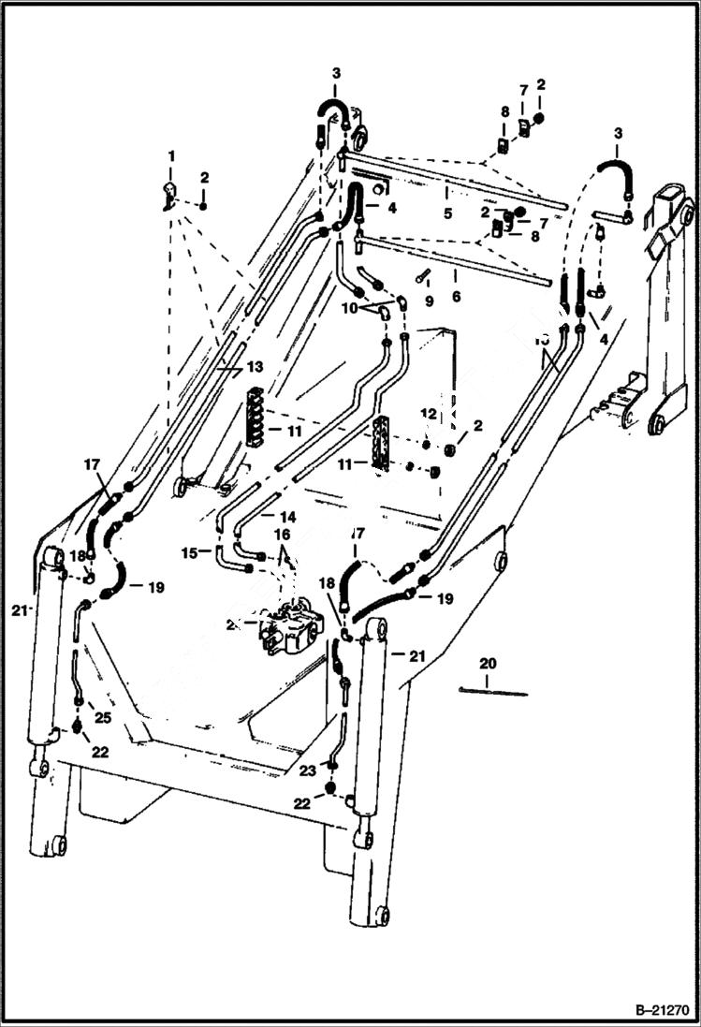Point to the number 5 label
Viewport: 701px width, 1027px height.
[448, 213]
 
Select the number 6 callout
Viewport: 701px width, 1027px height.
[456, 296]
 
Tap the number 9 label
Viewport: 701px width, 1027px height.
[430, 302]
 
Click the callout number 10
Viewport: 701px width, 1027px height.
[350, 308]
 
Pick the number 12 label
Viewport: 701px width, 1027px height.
[427, 413]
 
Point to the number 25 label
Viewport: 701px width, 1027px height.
[101, 718]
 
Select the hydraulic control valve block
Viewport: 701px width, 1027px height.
[293, 630]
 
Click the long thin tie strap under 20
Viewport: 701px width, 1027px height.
[493, 693]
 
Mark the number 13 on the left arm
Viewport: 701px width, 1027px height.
[255, 366]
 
